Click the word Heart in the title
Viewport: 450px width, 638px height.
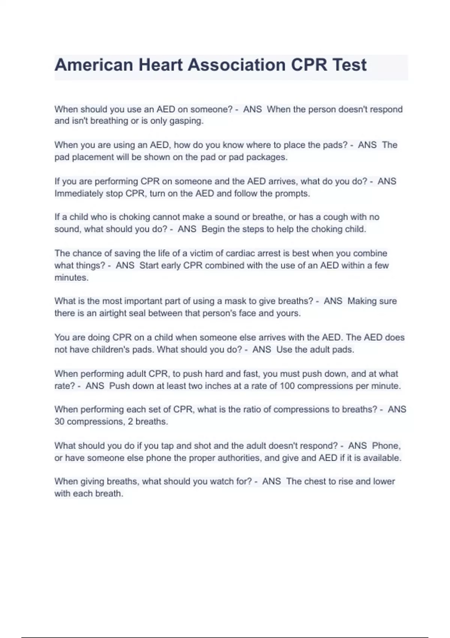(160, 65)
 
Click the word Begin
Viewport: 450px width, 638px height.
(213, 229)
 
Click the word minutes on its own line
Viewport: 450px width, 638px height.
(71, 278)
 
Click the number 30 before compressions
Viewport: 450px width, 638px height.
(59, 421)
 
